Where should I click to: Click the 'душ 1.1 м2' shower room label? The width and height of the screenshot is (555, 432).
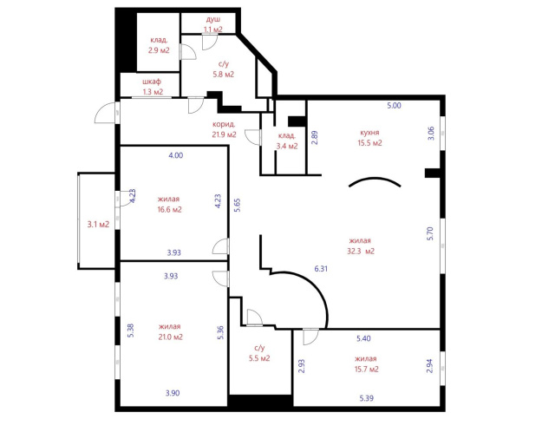213,24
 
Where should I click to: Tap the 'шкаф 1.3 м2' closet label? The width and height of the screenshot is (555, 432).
153,87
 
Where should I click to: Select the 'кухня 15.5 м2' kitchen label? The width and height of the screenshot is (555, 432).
370,138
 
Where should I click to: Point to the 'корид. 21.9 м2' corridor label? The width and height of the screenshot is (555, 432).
224,129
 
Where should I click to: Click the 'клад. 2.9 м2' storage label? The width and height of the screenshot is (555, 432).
159,45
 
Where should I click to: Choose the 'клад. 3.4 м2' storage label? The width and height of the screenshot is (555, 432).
287,141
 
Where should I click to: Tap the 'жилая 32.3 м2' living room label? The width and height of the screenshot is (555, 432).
361,246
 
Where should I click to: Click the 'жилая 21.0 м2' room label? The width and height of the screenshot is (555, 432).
170,331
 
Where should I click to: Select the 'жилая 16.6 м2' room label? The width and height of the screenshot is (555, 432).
169,205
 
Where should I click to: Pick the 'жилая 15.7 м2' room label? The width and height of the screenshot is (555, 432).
366,364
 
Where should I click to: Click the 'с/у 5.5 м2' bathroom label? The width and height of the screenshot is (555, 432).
259,353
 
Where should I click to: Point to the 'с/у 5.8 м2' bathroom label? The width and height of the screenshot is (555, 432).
224,69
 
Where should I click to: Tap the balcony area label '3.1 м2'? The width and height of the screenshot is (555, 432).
98,224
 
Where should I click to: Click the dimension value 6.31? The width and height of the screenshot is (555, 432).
321,269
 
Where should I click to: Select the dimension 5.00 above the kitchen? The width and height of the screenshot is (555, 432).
394,106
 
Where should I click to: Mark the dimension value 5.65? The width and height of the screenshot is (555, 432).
237,205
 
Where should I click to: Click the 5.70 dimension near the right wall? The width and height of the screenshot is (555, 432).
430,233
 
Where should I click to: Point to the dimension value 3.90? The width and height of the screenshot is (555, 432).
173,393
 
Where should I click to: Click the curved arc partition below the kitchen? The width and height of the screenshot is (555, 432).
375,178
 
